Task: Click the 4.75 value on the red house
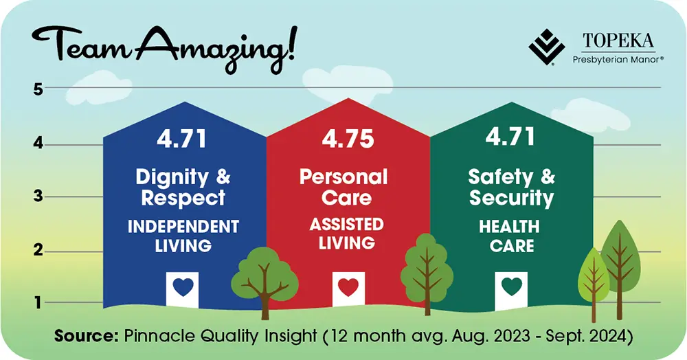(x=348, y=138)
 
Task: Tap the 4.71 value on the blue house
(x=182, y=138)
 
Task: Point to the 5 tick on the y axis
(x=38, y=89)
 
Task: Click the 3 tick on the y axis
(x=38, y=196)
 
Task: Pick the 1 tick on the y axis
(x=38, y=302)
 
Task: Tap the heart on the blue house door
(x=183, y=287)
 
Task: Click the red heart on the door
(x=348, y=287)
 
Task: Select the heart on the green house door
(x=511, y=286)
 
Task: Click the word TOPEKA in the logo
(x=618, y=41)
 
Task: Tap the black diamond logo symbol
(x=546, y=47)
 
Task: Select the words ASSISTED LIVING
(x=346, y=234)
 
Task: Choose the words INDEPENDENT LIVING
(x=183, y=236)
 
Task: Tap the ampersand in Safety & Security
(x=548, y=177)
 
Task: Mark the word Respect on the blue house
(x=183, y=199)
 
